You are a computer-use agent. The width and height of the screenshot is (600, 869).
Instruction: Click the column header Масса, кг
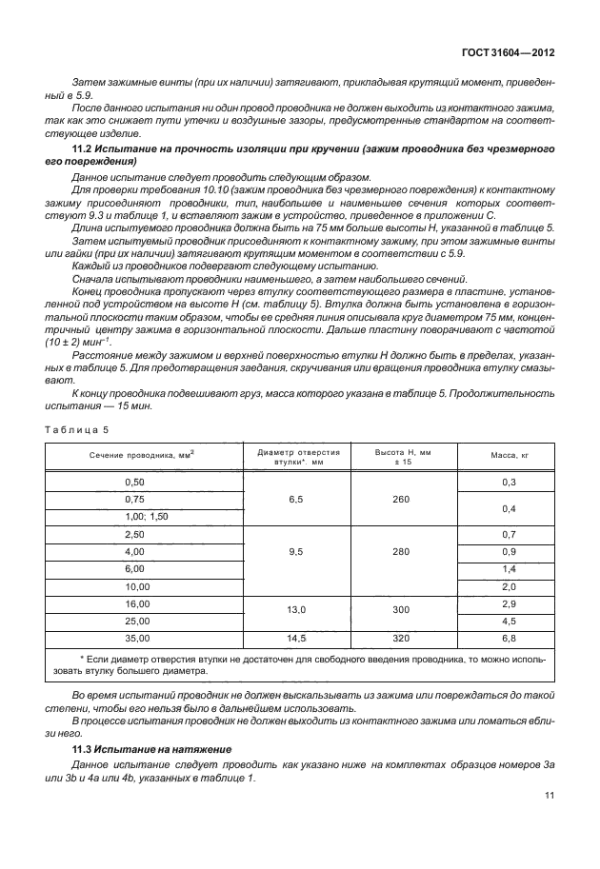pyautogui.click(x=509, y=456)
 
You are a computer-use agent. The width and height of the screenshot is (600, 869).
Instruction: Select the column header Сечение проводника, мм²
pyautogui.click(x=143, y=456)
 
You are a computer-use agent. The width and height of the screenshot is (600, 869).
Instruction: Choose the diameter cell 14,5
pyautogui.click(x=294, y=638)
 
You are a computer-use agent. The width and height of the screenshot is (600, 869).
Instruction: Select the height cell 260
pyautogui.click(x=404, y=500)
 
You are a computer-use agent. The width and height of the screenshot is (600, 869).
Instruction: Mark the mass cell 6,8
pyautogui.click(x=509, y=638)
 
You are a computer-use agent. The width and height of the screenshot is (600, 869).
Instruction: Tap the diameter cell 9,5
pyautogui.click(x=294, y=551)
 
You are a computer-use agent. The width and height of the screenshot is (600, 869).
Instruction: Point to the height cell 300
pyautogui.click(x=404, y=612)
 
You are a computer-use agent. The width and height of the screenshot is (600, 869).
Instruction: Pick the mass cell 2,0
pyautogui.click(x=509, y=586)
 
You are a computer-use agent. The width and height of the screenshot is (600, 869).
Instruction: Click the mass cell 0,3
pyautogui.click(x=509, y=483)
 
